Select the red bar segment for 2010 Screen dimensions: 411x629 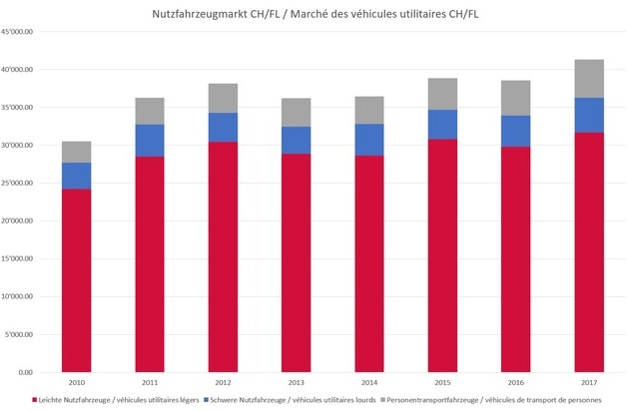point(77,280)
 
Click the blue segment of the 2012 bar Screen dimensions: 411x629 point(223,128)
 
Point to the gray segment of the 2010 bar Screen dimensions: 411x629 point(77,152)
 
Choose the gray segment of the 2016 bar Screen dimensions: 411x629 point(514,98)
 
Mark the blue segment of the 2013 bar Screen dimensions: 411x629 point(296,141)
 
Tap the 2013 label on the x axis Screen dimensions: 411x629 point(296,382)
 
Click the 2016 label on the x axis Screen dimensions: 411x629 point(514,382)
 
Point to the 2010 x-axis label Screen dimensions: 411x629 point(77,382)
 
